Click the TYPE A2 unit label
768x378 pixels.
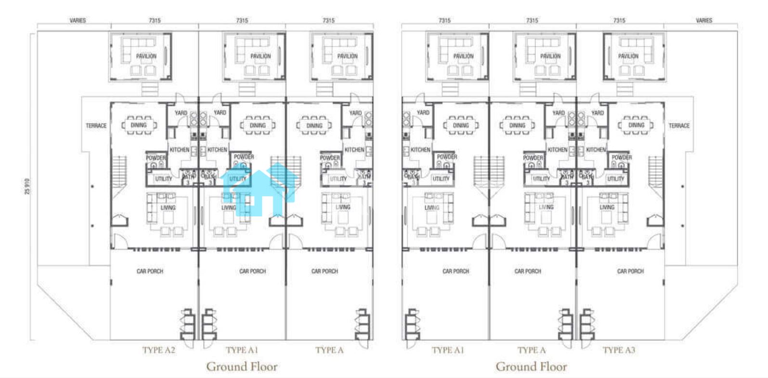point(158,350)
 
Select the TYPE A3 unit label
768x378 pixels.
point(619,350)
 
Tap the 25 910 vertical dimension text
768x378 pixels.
point(27,186)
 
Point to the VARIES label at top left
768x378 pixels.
point(78,20)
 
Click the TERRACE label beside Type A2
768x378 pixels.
point(96,126)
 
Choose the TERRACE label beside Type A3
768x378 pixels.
point(679,126)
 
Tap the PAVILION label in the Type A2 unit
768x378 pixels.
point(146,56)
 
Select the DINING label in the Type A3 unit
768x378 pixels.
point(636,125)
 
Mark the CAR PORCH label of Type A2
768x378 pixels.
point(150,271)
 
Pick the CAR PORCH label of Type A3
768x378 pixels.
point(630,271)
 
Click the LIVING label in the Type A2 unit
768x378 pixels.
point(168,208)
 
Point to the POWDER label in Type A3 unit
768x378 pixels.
point(622,157)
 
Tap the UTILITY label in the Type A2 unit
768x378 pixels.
point(164,179)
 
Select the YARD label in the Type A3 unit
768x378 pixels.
point(598,113)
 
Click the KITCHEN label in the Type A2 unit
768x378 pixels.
point(180,150)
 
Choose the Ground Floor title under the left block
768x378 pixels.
point(242,366)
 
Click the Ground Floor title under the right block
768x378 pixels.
point(531,366)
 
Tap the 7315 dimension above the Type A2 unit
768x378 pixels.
point(155,20)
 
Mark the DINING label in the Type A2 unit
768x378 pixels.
point(139,125)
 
